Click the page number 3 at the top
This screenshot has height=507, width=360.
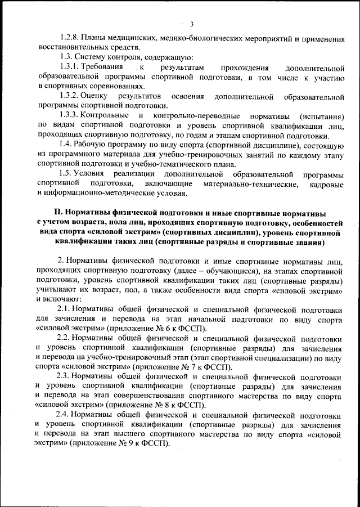point(192,24)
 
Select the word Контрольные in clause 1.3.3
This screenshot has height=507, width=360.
point(106,115)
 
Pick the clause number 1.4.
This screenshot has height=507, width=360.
point(66,145)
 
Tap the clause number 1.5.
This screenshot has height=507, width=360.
point(66,174)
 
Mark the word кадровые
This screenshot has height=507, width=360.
point(327,183)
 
